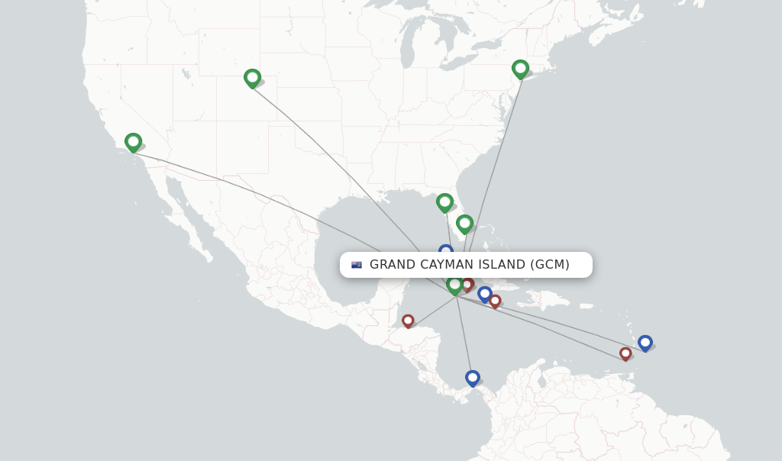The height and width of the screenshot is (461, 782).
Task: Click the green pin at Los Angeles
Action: (133, 142)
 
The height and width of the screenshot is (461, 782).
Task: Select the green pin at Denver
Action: (252, 78)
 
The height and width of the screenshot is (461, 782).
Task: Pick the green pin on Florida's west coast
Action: (444, 202)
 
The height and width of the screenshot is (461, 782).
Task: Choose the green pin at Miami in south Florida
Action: (464, 224)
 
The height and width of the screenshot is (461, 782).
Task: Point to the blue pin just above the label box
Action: (446, 250)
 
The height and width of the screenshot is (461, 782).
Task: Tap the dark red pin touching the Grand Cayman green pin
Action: (467, 285)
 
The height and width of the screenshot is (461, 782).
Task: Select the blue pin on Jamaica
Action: (484, 294)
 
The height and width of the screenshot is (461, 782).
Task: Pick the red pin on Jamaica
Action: (495, 301)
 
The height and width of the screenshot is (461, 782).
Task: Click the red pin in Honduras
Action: (408, 321)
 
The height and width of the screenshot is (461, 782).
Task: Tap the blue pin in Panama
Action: (473, 378)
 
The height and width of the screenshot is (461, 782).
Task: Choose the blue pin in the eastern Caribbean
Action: (645, 343)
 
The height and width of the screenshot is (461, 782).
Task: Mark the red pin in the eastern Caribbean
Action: (625, 353)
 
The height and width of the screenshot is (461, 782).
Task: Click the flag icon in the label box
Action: (357, 265)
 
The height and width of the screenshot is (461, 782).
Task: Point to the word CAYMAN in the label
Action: (451, 265)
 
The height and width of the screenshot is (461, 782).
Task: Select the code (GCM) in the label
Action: (550, 265)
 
